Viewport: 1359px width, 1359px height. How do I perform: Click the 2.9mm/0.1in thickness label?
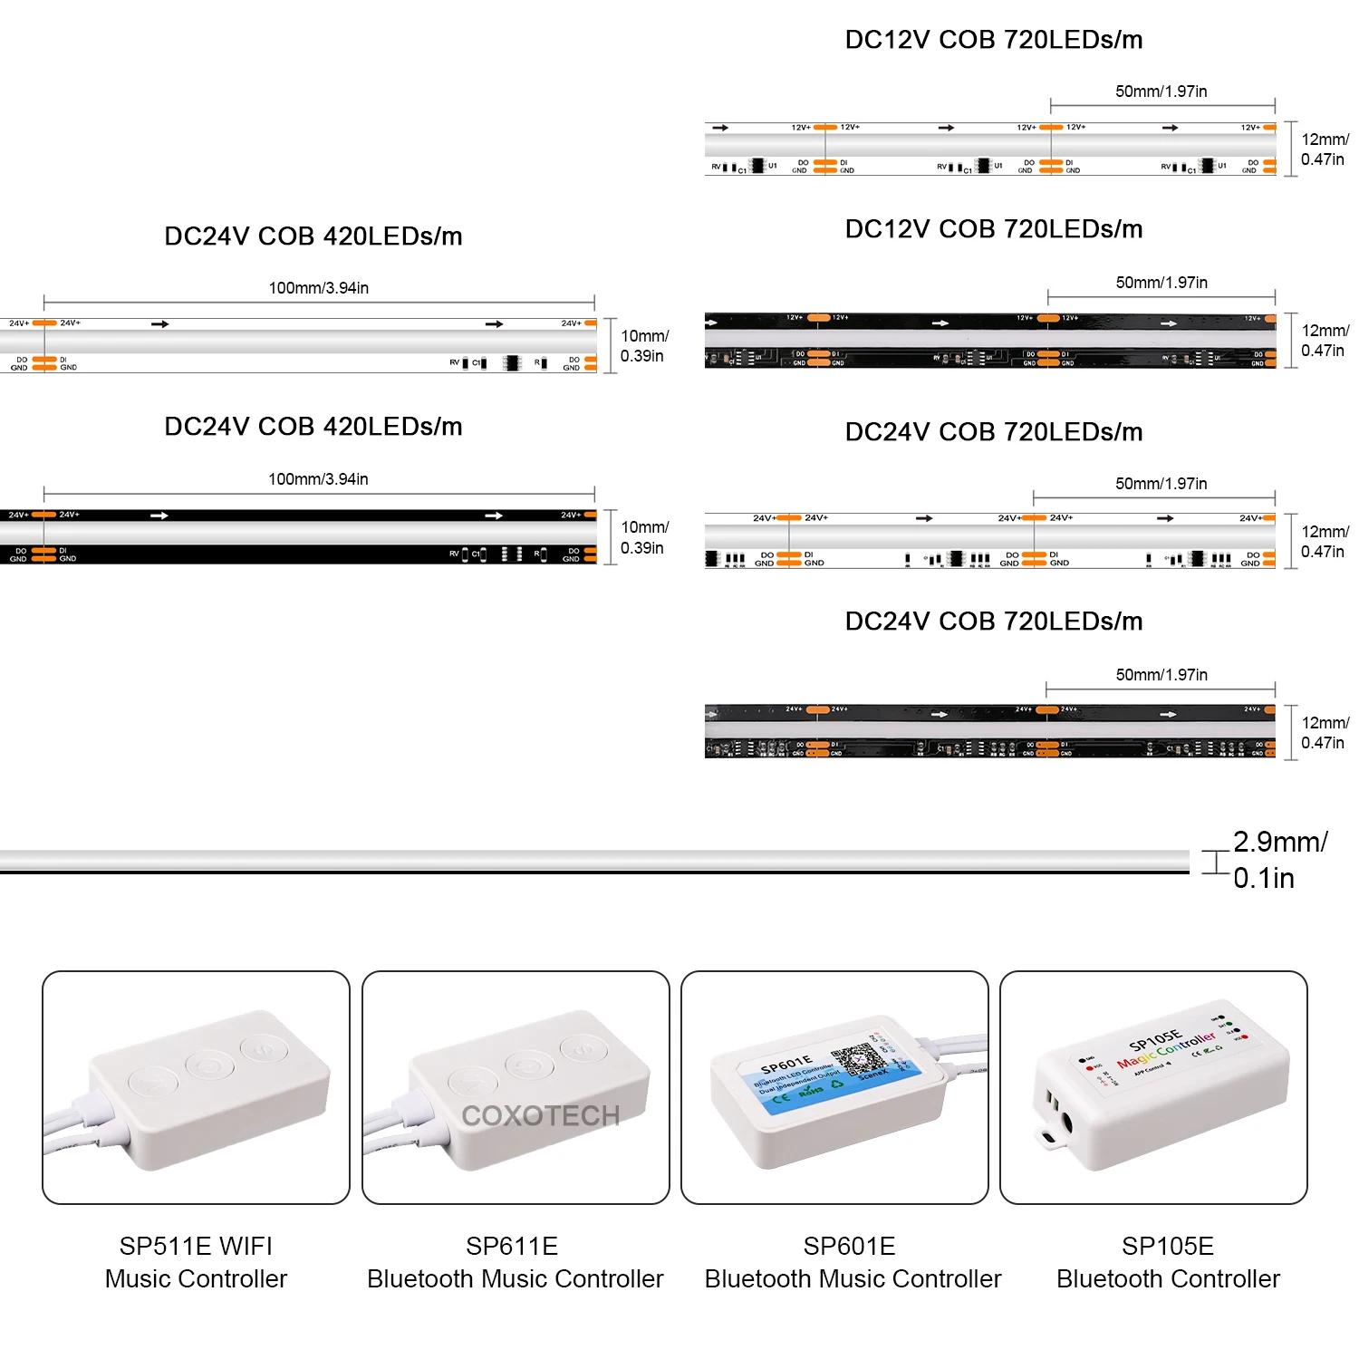[x=1279, y=860]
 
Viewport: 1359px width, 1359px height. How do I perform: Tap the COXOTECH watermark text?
[x=541, y=1115]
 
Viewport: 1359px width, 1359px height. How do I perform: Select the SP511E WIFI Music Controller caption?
[x=196, y=1262]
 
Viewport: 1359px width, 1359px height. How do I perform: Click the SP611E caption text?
[x=512, y=1247]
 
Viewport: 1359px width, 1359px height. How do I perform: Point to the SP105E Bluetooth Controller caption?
[x=1168, y=1262]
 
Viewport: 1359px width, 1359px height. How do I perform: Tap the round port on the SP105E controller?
[x=1065, y=1123]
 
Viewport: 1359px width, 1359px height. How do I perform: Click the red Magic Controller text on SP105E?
[x=1166, y=1050]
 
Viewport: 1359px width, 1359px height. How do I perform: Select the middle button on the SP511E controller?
[x=209, y=1065]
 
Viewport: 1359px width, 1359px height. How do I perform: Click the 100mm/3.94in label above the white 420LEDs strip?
[x=319, y=288]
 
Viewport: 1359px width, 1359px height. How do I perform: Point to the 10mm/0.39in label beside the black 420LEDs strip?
[x=643, y=537]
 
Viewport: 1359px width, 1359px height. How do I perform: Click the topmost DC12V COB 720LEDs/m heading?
[x=993, y=40]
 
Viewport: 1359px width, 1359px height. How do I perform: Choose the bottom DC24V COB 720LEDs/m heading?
[x=993, y=622]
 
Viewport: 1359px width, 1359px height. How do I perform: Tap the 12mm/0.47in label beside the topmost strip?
[x=1324, y=149]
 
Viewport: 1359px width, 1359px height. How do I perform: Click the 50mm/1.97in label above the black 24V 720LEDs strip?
[x=1161, y=675]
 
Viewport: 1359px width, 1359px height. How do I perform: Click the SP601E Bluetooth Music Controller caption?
[x=853, y=1262]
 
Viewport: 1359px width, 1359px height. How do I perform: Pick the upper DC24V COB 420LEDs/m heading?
[x=313, y=236]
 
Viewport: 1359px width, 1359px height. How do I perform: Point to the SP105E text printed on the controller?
[x=1155, y=1038]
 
